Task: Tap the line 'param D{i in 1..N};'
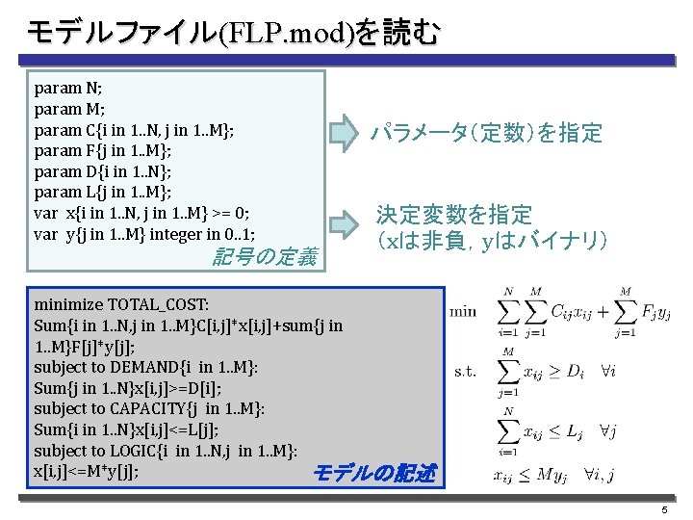[x=103, y=172]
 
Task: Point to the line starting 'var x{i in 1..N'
[x=141, y=214]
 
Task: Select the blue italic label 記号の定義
[x=263, y=257]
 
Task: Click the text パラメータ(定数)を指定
[x=487, y=133]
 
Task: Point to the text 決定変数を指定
[x=453, y=214]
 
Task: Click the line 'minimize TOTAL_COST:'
[x=120, y=304]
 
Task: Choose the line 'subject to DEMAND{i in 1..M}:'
[x=145, y=367]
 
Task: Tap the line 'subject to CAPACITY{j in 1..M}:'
[x=149, y=408]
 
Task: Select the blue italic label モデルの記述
[x=374, y=473]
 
